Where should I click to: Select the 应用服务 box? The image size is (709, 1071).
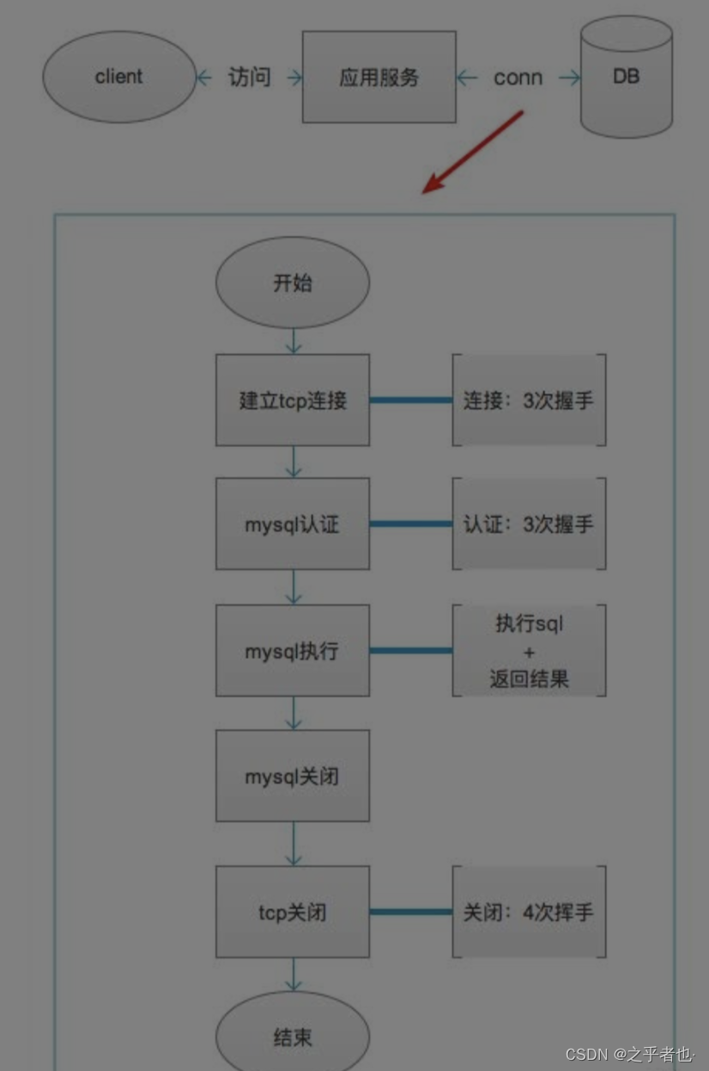click(x=379, y=77)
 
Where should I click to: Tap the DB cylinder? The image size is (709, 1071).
click(x=626, y=77)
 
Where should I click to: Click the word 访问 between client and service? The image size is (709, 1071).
click(x=249, y=77)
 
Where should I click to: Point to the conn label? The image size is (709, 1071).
click(x=518, y=78)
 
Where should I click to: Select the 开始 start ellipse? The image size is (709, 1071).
click(x=293, y=283)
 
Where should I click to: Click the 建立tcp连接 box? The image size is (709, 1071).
click(x=293, y=400)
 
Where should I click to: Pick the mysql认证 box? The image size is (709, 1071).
click(x=293, y=524)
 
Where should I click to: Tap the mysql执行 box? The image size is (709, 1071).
click(x=293, y=650)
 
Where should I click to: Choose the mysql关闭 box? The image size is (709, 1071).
click(x=293, y=776)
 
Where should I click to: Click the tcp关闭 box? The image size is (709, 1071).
click(x=293, y=911)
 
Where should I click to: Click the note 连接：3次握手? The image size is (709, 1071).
click(x=529, y=400)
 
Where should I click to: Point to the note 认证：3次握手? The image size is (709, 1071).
click(x=529, y=524)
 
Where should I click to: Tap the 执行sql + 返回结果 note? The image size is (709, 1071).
click(x=529, y=650)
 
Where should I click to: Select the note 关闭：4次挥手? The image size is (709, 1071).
click(x=529, y=911)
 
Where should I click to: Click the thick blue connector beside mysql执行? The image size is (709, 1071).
click(x=411, y=650)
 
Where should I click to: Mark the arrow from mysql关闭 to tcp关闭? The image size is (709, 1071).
click(x=294, y=844)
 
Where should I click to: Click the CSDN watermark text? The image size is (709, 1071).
click(x=629, y=1054)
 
